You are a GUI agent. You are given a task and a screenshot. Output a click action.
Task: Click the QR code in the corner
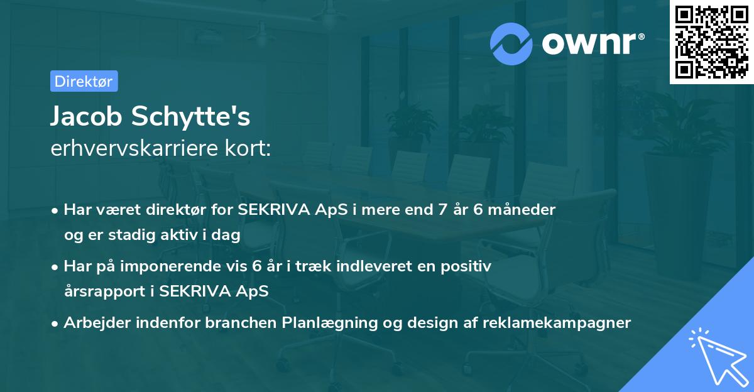[711, 42]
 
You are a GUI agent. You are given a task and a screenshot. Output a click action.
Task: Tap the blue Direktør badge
[84, 81]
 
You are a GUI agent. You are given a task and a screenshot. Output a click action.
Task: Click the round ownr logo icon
[511, 43]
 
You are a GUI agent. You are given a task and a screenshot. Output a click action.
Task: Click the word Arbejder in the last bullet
[94, 323]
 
